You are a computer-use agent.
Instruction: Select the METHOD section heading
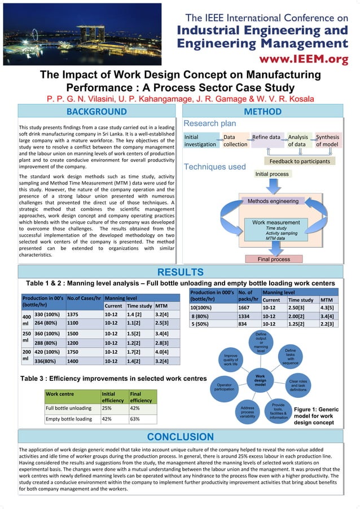[x=262, y=111]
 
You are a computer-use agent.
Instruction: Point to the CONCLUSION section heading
[x=180, y=436]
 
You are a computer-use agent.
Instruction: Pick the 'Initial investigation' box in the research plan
[x=200, y=141]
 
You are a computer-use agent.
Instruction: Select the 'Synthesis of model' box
[x=327, y=141]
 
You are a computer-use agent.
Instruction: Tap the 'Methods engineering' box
[x=273, y=201]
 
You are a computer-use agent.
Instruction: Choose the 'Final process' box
[x=273, y=259]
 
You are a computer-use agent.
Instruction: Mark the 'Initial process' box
[x=271, y=174]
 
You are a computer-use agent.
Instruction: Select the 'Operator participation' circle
[x=224, y=387]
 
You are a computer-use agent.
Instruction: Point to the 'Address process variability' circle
[x=247, y=412]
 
